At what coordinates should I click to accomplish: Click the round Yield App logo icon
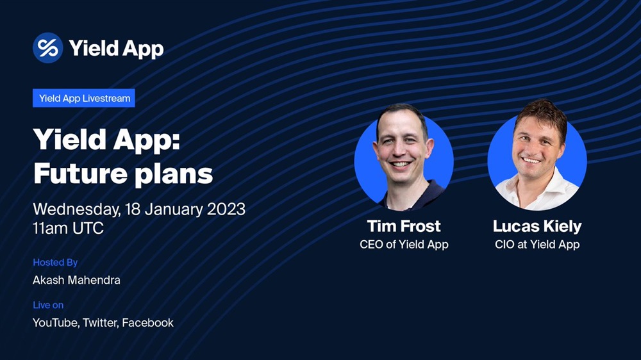pyautogui.click(x=48, y=48)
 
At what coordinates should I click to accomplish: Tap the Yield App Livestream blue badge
pyautogui.click(x=84, y=98)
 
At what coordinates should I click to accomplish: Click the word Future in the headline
pyautogui.click(x=81, y=174)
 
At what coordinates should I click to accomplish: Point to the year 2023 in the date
pyautogui.click(x=226, y=209)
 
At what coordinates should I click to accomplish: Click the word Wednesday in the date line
pyautogui.click(x=77, y=209)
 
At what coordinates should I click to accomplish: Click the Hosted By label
pyautogui.click(x=55, y=263)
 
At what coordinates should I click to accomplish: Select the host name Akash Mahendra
pyautogui.click(x=76, y=280)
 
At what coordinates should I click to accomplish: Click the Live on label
pyautogui.click(x=48, y=305)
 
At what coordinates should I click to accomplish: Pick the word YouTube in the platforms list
pyautogui.click(x=56, y=323)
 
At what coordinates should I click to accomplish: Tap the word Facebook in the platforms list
pyautogui.click(x=147, y=323)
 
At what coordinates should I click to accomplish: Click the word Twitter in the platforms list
pyautogui.click(x=101, y=323)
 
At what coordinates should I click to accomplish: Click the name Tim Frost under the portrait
pyautogui.click(x=404, y=226)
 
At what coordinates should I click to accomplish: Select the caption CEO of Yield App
pyautogui.click(x=404, y=244)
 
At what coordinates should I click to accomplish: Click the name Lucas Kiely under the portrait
pyautogui.click(x=537, y=226)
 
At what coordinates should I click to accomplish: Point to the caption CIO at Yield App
pyautogui.click(x=537, y=244)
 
